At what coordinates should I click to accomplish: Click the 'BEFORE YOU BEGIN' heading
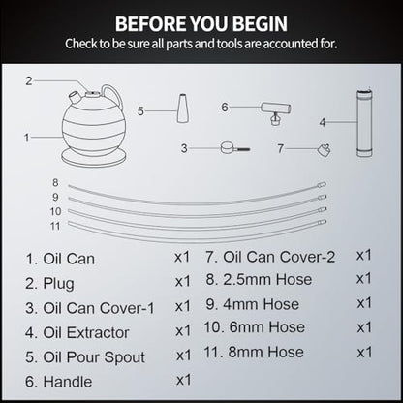201,23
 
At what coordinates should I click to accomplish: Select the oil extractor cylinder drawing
364,123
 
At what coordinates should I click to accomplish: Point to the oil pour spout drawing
183,108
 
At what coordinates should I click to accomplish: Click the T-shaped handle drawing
276,113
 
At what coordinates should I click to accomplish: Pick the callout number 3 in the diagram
184,148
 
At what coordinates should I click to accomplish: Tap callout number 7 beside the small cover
280,148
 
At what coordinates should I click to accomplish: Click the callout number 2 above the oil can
29,80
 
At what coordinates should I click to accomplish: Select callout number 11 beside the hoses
55,226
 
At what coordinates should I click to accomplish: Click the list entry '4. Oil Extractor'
77,333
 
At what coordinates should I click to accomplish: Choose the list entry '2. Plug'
49,284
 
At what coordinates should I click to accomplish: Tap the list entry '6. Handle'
59,382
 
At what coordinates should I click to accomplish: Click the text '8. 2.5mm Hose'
259,279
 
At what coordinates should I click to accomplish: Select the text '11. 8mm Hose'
254,352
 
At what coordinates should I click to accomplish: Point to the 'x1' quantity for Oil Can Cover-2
364,256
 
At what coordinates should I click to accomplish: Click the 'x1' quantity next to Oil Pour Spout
184,356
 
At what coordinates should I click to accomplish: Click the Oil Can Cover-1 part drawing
235,148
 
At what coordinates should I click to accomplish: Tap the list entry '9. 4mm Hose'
253,304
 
